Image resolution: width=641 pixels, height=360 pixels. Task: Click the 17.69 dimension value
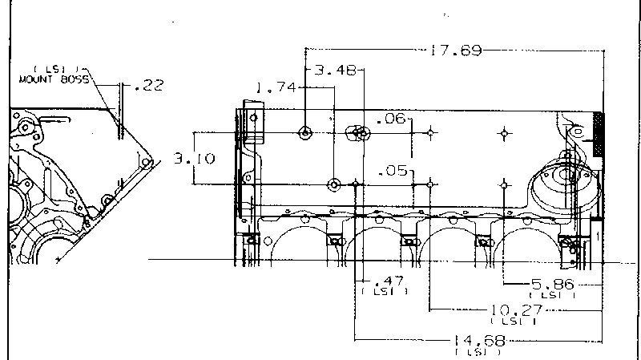click(455, 51)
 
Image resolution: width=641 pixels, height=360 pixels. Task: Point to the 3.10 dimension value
click(195, 159)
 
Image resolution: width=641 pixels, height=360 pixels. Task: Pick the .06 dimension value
click(390, 119)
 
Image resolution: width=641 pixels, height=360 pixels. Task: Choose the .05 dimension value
click(391, 171)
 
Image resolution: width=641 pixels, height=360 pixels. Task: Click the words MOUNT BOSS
click(53, 80)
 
